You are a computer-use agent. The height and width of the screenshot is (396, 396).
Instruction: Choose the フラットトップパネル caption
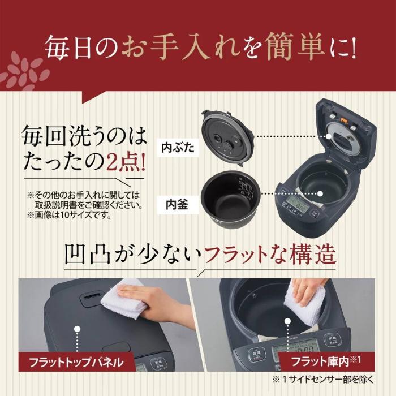(x=79, y=360)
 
